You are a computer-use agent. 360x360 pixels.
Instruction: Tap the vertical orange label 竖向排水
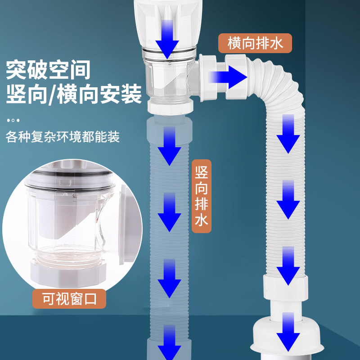pos(201,196)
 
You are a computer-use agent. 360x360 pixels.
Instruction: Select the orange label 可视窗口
pos(69,298)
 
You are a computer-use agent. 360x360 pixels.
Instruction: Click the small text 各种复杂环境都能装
pos(63,137)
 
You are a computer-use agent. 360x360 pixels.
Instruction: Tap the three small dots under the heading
pos(13,121)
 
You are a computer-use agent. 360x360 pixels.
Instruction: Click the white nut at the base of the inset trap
pos(67,271)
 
